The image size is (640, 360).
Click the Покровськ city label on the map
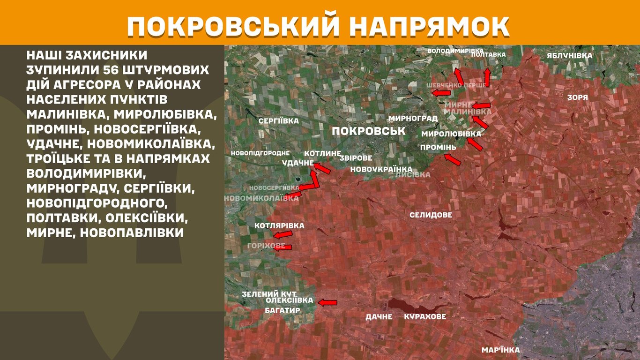pos(369,131)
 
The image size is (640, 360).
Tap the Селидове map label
pos(431,215)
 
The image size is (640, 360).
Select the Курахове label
pos(425,317)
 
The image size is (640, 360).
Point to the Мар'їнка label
pos(500,350)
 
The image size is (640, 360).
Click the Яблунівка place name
pos(569,56)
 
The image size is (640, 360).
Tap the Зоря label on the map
pos(577,98)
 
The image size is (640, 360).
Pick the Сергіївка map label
pos(278,121)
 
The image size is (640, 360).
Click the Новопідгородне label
pos(260,153)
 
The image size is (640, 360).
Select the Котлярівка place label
pos(279,226)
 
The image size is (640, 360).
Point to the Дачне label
pos(379,317)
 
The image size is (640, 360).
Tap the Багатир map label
pos(282,310)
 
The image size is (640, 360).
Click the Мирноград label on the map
pos(413,118)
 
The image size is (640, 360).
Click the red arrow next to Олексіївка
pos(328,302)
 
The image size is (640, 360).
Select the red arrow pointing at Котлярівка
pos(283,235)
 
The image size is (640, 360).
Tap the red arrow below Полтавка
pos(487,77)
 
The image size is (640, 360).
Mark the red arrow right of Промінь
pos(453,159)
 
